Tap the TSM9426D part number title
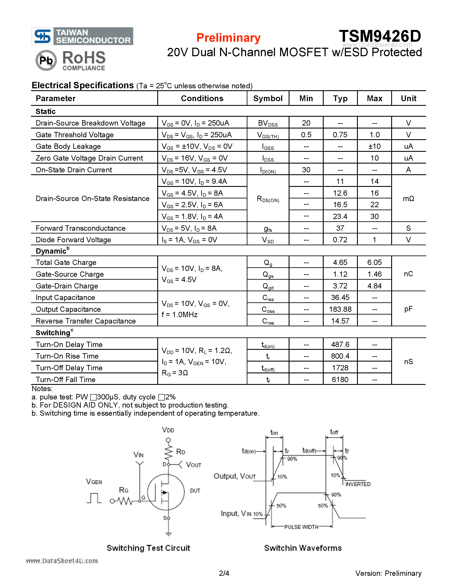(x=380, y=36)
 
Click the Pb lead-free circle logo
(x=46, y=60)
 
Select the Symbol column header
(x=268, y=99)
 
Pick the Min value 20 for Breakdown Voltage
(x=306, y=123)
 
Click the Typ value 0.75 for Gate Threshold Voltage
(x=340, y=135)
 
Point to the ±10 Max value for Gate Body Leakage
(x=374, y=146)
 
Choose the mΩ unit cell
(x=408, y=199)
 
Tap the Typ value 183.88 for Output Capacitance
(x=340, y=309)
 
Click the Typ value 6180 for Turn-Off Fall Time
(x=340, y=380)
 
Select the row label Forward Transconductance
(x=80, y=228)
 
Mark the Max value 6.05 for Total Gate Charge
(x=374, y=263)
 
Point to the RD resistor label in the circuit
(x=181, y=452)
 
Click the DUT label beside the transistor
(x=195, y=490)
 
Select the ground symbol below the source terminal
(x=168, y=534)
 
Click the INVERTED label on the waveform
(x=358, y=484)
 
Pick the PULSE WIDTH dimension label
(x=301, y=527)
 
